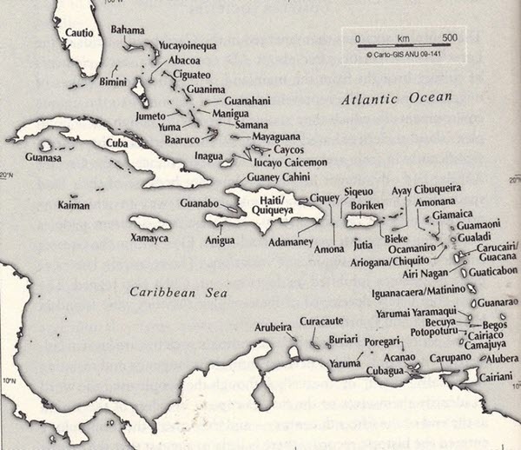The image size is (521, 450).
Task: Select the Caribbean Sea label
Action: click(166, 293)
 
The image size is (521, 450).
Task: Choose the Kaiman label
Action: click(72, 206)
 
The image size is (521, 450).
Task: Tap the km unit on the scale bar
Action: click(403, 38)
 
